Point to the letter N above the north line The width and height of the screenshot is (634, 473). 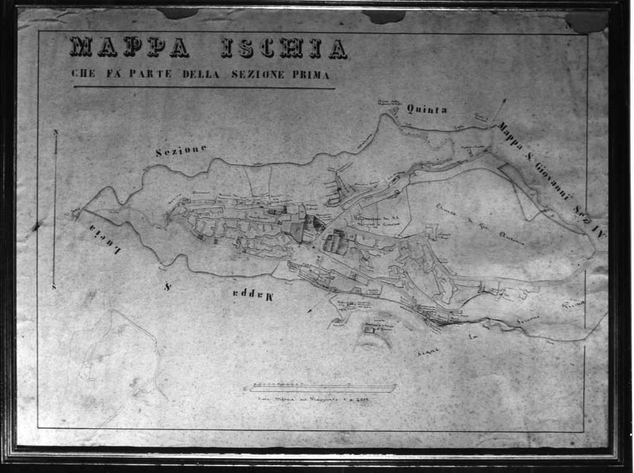[x=56, y=132]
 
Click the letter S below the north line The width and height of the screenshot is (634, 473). [x=54, y=287]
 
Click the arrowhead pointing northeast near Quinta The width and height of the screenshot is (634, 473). [x=503, y=101]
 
